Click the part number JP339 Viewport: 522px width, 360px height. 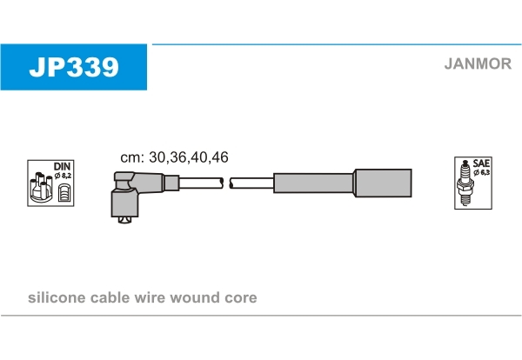[x=74, y=67]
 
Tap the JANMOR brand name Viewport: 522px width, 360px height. [x=478, y=63]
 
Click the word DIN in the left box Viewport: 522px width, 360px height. [x=63, y=166]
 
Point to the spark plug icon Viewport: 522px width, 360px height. [x=465, y=183]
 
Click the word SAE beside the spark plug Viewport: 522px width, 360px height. [x=481, y=163]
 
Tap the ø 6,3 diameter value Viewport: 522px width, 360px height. [x=482, y=172]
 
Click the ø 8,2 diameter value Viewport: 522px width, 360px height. [x=63, y=176]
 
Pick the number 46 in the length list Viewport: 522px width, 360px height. [x=220, y=157]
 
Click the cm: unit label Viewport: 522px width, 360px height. [x=132, y=157]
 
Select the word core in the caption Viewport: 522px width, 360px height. [x=241, y=298]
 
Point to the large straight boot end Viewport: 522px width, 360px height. [x=383, y=183]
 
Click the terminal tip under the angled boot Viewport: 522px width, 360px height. [x=124, y=220]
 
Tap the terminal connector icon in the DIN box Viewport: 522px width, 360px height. [x=64, y=193]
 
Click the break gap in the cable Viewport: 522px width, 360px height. [x=226, y=183]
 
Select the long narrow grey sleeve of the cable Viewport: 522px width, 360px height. [x=313, y=183]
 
